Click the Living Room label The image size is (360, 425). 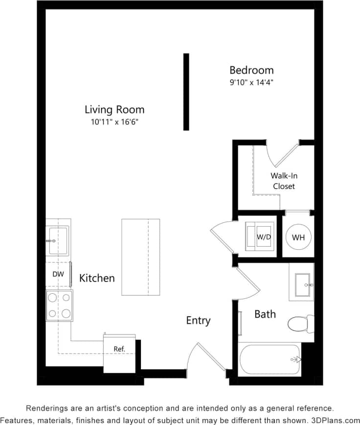[114, 110]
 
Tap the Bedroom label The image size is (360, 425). [251, 70]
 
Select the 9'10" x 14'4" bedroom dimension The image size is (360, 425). [251, 83]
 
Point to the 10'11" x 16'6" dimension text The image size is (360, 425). [114, 122]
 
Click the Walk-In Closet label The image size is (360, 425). [284, 181]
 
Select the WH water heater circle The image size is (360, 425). [298, 237]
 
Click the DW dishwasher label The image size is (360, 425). [58, 275]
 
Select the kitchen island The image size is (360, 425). [141, 257]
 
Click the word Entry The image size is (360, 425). [198, 321]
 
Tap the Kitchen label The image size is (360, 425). [97, 278]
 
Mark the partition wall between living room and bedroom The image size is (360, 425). [186, 92]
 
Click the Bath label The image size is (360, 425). [265, 314]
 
